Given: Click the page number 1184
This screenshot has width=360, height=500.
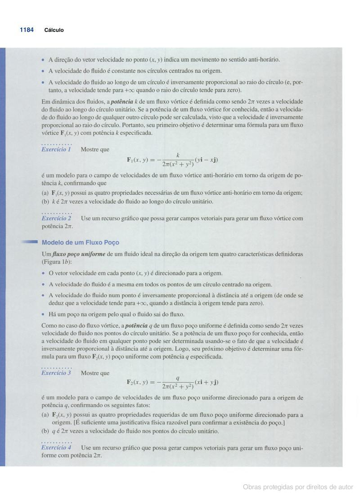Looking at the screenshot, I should (27, 30).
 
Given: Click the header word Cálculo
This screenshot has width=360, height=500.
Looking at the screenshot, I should (54, 30).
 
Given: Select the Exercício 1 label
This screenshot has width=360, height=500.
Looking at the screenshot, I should (56, 149).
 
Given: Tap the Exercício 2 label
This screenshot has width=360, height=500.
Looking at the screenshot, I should (56, 218).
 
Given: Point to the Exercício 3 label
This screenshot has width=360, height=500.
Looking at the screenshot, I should (56, 373).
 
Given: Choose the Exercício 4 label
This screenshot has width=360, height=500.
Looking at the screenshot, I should (56, 447).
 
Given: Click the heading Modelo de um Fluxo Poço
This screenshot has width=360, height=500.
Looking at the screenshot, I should (81, 243).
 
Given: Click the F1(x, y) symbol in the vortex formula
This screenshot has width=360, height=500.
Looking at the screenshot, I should (141, 160).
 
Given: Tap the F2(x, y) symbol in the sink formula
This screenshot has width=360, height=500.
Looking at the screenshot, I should (141, 383).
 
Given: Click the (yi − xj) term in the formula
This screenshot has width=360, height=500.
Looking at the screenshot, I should (207, 160).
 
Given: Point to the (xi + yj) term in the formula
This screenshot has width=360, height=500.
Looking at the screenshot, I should (207, 383).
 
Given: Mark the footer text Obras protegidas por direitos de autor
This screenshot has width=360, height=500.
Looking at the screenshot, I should (298, 487).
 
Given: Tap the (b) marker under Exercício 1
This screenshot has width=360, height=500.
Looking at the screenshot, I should (45, 201).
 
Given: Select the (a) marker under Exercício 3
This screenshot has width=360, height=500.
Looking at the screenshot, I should (45, 415).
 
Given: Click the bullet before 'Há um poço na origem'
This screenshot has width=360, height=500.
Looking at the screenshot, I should (44, 314).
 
